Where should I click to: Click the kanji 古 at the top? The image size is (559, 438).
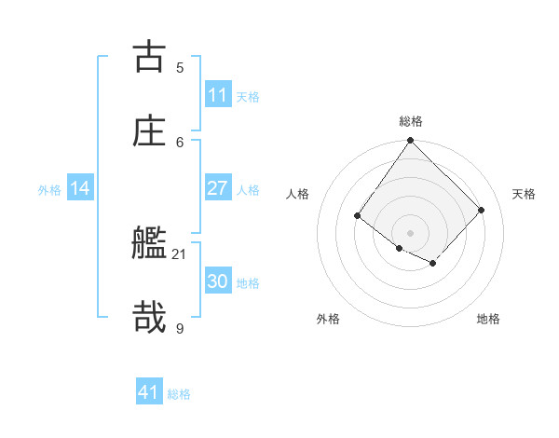(149, 57)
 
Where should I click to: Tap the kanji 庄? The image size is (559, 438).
(149, 130)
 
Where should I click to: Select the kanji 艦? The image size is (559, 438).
(149, 244)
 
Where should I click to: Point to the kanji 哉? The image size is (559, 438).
(149, 317)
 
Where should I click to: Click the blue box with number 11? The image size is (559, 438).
(217, 95)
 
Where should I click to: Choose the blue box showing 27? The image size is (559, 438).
(217, 189)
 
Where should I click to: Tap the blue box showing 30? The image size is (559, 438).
(217, 282)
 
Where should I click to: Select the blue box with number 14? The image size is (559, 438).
(80, 189)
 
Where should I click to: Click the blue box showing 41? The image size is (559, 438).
(149, 392)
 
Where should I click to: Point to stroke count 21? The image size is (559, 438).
(180, 253)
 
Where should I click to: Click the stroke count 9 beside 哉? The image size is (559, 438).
(180, 327)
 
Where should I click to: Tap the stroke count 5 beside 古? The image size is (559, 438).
(180, 67)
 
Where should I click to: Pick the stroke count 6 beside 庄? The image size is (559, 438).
(180, 141)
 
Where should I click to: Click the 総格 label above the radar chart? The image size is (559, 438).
(411, 121)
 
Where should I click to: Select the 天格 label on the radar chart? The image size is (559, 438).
(524, 194)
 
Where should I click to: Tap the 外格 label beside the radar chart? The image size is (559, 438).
(328, 319)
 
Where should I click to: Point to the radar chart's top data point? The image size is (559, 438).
(410, 141)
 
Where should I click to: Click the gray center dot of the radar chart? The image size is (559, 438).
(410, 232)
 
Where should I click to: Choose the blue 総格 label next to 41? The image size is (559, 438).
(179, 394)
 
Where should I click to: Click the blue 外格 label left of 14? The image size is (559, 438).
(49, 190)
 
